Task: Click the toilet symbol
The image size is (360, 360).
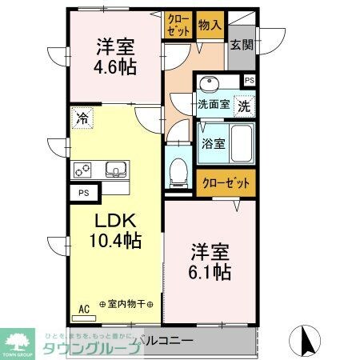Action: coord(179,169)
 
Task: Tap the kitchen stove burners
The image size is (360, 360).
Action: coord(83,169)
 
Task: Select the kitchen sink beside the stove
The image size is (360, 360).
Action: coord(114,169)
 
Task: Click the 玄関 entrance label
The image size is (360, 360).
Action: coord(241,45)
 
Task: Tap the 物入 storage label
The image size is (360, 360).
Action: coord(210,26)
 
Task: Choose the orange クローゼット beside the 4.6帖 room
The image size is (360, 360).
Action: coord(178,26)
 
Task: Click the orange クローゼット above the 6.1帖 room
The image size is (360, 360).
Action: coord(226,182)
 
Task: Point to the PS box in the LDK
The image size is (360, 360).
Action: coord(83,193)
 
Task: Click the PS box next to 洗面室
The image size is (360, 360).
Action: coord(250,80)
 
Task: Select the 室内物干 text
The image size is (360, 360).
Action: coord(128,306)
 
